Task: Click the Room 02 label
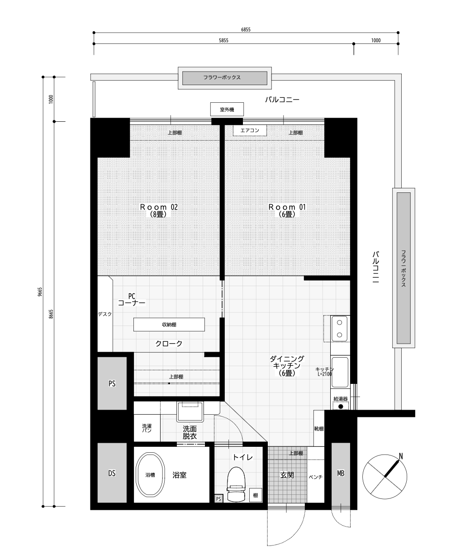coord(159,207)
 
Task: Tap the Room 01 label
coord(287,207)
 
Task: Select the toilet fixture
coord(236,484)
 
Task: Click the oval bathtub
coord(151,475)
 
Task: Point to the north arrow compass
coord(385,476)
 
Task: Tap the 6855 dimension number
coord(246,29)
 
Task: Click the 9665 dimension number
coord(39,292)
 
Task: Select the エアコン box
coord(250,130)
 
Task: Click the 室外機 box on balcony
coord(227,109)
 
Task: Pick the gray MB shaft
coord(341,473)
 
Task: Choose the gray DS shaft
coord(112,473)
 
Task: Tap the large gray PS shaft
coord(112,383)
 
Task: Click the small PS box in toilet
coord(218,498)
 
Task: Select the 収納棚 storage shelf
coord(169,325)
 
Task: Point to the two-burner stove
coord(339,329)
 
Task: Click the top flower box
coord(225,78)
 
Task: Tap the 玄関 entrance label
coord(287,475)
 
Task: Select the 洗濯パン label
coord(147,428)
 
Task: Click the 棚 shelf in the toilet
coord(256,495)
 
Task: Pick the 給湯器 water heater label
coord(341,399)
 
